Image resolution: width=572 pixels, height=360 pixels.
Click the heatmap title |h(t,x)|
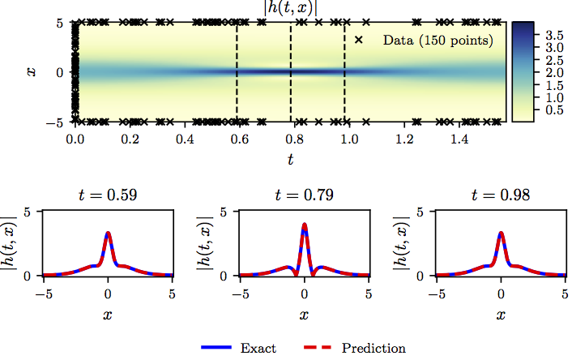(x=290, y=7)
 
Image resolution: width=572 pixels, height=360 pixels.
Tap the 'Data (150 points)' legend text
(x=437, y=39)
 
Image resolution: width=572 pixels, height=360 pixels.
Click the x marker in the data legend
(x=359, y=39)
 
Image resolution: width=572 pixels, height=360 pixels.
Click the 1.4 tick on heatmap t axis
(x=460, y=139)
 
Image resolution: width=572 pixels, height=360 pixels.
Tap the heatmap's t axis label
(x=290, y=160)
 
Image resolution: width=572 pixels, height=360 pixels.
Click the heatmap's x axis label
(x=31, y=72)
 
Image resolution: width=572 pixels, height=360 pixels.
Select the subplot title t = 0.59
(x=108, y=195)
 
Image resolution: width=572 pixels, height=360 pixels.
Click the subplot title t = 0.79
(x=304, y=195)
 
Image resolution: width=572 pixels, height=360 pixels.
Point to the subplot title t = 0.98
(x=501, y=195)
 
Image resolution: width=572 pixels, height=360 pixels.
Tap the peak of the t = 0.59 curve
(x=108, y=234)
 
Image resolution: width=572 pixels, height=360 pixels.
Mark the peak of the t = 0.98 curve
(x=501, y=234)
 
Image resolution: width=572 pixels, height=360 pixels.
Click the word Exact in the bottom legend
(x=258, y=349)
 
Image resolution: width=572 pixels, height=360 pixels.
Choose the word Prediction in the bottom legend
(x=374, y=349)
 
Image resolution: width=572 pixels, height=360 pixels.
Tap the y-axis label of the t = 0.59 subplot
(x=10, y=243)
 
